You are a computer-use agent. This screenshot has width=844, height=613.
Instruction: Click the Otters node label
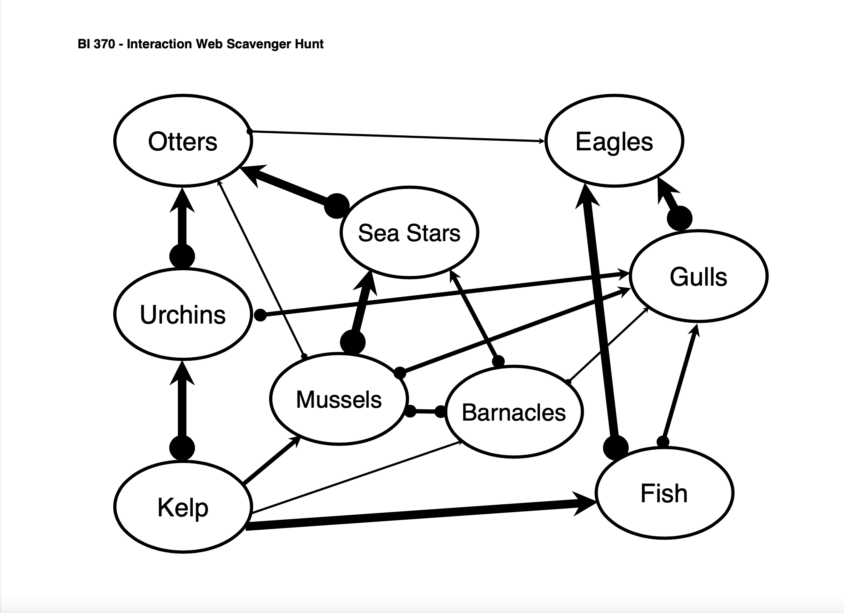click(182, 142)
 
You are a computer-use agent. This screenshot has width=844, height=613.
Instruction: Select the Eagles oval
click(614, 142)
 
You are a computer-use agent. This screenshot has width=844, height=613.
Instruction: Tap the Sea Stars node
click(409, 232)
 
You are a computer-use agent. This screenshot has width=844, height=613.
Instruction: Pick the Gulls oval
click(699, 277)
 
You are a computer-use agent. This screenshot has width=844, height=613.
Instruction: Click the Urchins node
click(182, 314)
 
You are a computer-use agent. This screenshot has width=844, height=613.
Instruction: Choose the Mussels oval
click(339, 399)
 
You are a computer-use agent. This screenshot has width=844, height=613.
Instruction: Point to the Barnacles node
click(514, 412)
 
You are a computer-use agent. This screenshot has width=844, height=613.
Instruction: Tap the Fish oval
click(664, 493)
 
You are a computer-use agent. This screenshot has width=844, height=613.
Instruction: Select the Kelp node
click(182, 507)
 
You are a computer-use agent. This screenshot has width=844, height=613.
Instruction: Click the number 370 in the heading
click(104, 44)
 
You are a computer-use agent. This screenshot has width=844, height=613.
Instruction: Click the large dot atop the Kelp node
click(182, 449)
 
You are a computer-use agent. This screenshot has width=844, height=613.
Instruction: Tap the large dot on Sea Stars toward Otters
click(337, 206)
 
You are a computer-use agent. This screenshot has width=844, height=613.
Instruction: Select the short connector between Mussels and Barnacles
click(426, 411)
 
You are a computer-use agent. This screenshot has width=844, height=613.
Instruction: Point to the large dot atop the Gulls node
click(679, 218)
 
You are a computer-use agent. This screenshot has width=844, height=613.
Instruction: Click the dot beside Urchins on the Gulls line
click(260, 315)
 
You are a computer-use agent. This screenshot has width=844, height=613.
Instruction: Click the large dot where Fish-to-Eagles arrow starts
click(616, 448)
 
